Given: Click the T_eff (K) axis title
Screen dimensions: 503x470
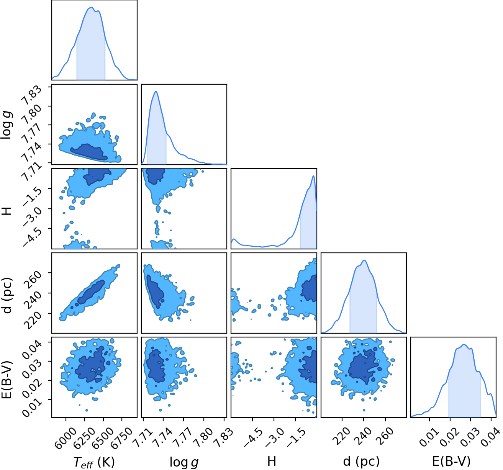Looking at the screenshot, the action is pyautogui.click(x=94, y=462).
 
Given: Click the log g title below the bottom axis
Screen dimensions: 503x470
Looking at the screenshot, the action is pyautogui.click(x=184, y=462).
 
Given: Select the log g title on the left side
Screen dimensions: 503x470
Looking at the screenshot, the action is pyautogui.click(x=7, y=125).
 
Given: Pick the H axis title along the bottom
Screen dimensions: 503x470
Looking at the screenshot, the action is pyautogui.click(x=272, y=462).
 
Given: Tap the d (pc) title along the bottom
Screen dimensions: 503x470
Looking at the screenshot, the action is pyautogui.click(x=361, y=462).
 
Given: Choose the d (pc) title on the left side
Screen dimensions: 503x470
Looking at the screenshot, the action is pyautogui.click(x=7, y=295).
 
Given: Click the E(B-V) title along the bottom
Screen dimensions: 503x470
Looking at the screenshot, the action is pyautogui.click(x=451, y=462).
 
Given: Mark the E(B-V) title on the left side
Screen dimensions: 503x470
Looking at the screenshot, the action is pyautogui.click(x=7, y=379).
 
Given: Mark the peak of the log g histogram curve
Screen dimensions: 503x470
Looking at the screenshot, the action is pyautogui.click(x=156, y=92).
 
